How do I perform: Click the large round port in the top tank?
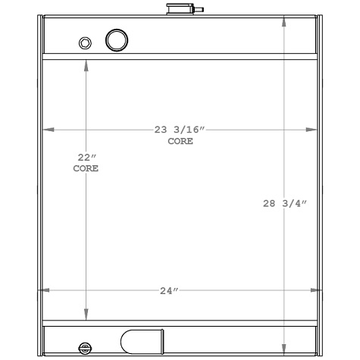(116, 39)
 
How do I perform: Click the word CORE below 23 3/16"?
(180, 142)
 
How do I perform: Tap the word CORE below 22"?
(86, 169)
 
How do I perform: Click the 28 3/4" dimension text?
(285, 202)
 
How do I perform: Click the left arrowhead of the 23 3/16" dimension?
(49, 130)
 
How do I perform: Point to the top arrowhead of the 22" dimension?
(86, 66)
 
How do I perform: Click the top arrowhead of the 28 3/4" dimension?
(285, 20)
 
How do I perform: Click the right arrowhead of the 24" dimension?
(316, 290)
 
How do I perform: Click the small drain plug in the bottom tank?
(83, 348)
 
